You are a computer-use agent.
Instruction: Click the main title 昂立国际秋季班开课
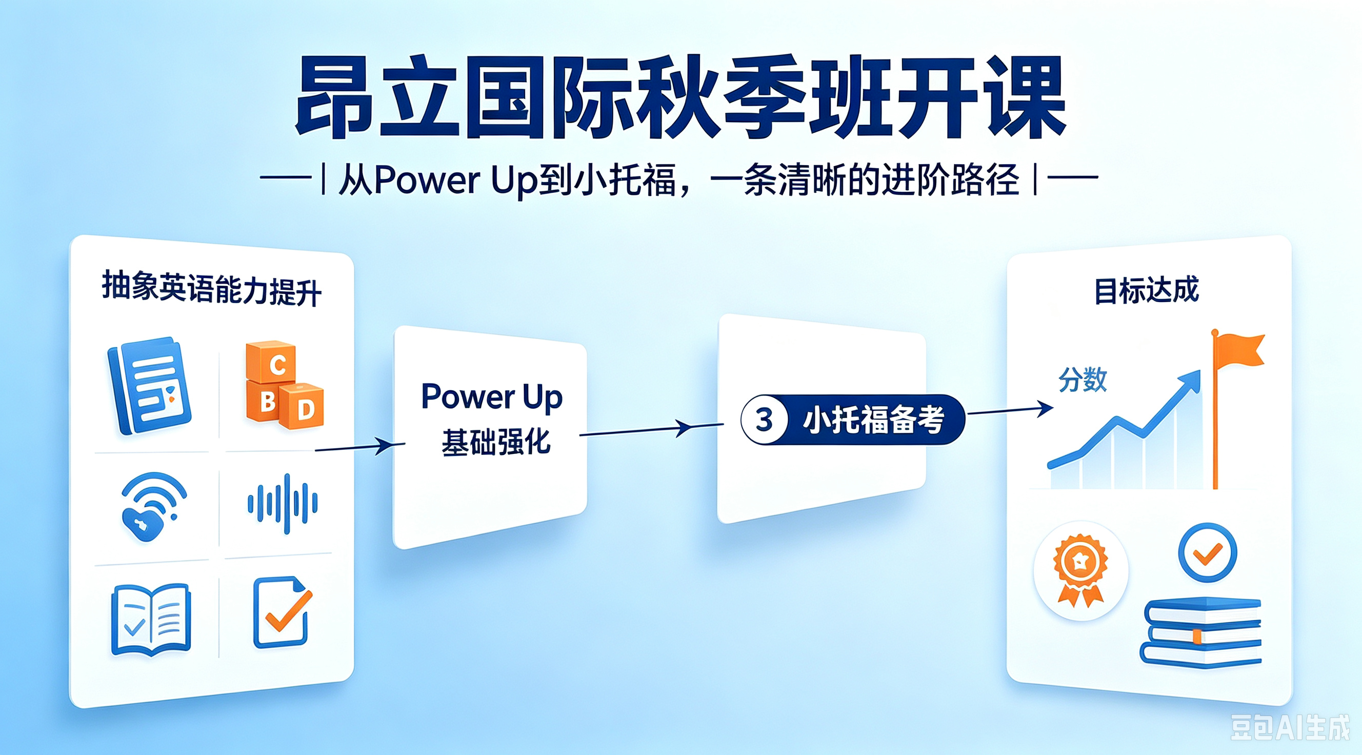pyautogui.click(x=680, y=97)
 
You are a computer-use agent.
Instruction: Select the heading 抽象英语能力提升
pyautogui.click(x=211, y=289)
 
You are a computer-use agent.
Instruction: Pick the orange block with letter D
pyautogui.click(x=302, y=406)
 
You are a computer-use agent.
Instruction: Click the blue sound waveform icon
pyautogui.click(x=283, y=503)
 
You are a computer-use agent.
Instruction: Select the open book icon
pyautogui.click(x=151, y=620)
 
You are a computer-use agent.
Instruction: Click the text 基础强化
pyautogui.click(x=496, y=442)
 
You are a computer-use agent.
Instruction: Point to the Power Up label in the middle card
pyautogui.click(x=492, y=396)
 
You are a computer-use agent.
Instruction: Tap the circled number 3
pyautogui.click(x=765, y=420)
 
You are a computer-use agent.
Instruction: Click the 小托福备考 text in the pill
pyautogui.click(x=873, y=420)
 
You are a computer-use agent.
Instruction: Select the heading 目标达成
pyautogui.click(x=1146, y=290)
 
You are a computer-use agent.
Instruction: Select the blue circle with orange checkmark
pyautogui.click(x=1208, y=553)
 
